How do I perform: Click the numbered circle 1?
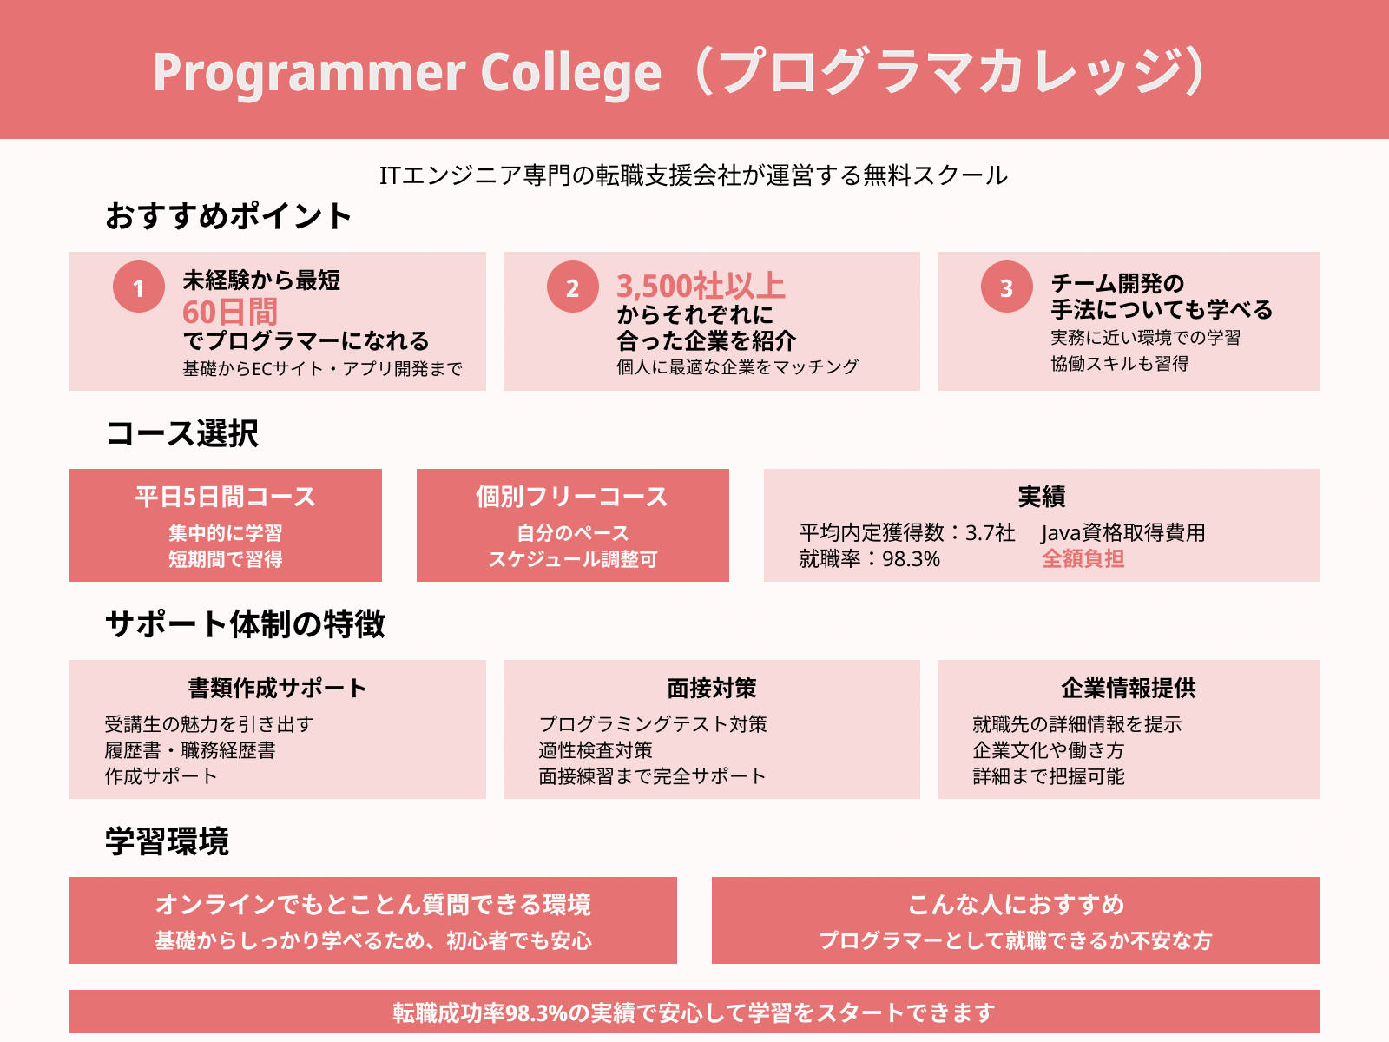click(139, 287)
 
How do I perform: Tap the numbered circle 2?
click(573, 287)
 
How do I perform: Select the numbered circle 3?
click(1007, 287)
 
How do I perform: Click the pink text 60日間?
click(230, 312)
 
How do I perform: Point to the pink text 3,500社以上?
click(701, 286)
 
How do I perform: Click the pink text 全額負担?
click(1083, 558)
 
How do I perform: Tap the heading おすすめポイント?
click(227, 215)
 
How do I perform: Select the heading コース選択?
click(182, 433)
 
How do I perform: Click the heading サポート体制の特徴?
click(245, 624)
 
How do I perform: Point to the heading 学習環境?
click(167, 841)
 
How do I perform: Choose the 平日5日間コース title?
click(225, 497)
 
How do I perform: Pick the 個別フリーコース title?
click(572, 497)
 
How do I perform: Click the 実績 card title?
click(1042, 497)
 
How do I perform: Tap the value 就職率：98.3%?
click(870, 559)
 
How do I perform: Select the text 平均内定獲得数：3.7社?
click(907, 532)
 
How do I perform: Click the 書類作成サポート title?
click(277, 689)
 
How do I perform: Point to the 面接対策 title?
click(711, 689)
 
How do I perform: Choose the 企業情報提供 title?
click(1129, 689)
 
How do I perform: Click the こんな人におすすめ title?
click(1016, 905)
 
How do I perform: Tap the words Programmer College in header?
click(407, 72)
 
